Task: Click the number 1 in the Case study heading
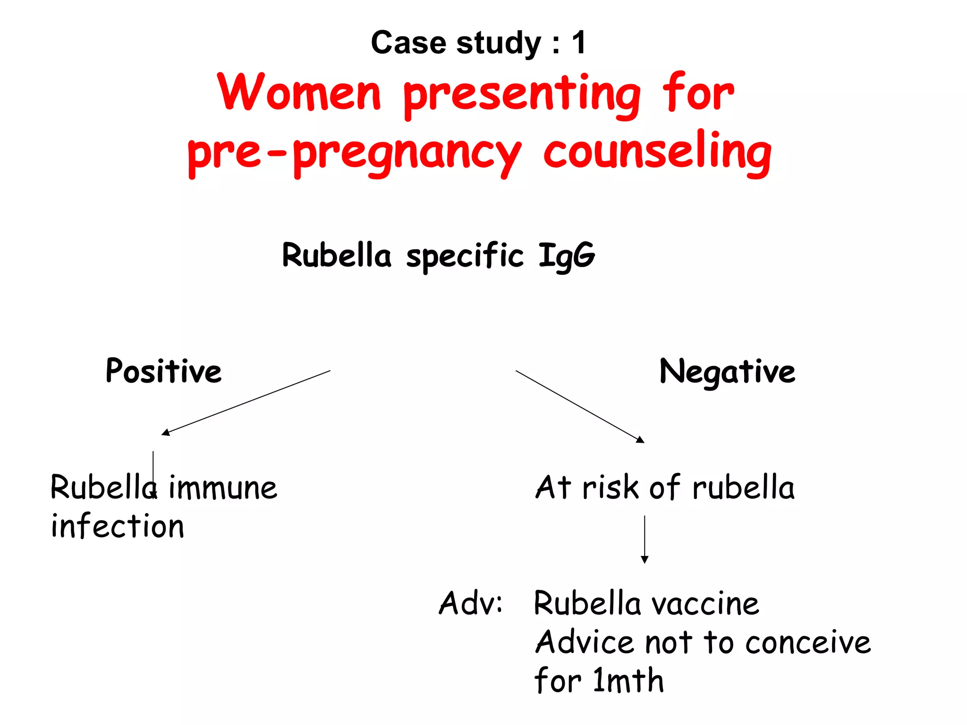pyautogui.click(x=579, y=42)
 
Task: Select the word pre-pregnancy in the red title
pyautogui.click(x=354, y=153)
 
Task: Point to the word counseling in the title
pyautogui.click(x=657, y=151)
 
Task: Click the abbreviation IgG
pyautogui.click(x=567, y=256)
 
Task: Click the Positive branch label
pyautogui.click(x=163, y=371)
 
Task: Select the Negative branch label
pyautogui.click(x=727, y=372)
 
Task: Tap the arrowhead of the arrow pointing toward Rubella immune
pyautogui.click(x=165, y=432)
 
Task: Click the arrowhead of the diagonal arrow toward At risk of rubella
pyautogui.click(x=641, y=440)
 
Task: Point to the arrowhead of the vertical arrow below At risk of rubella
pyautogui.click(x=645, y=560)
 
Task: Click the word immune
pyautogui.click(x=223, y=488)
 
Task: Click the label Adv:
pyautogui.click(x=471, y=603)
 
